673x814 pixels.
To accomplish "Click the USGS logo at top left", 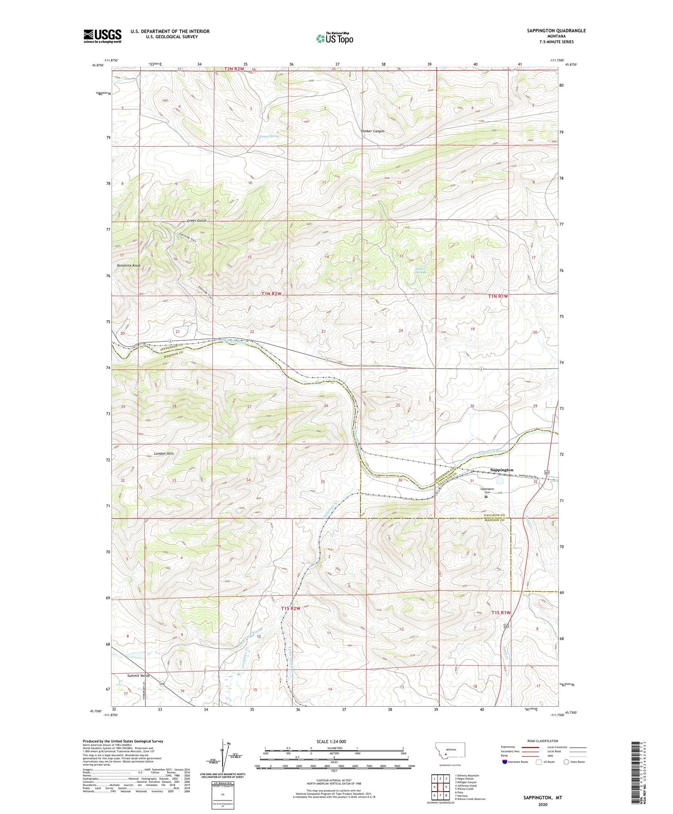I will click(x=102, y=36).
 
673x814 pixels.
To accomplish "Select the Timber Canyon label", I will click(x=373, y=131).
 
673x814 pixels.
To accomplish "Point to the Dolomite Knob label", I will click(x=129, y=266).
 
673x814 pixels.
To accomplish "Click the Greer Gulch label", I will click(x=196, y=221).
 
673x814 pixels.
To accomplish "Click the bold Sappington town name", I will click(x=502, y=470).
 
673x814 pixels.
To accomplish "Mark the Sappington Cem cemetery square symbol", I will click(x=485, y=497).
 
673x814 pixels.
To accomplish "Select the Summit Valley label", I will click(x=138, y=676).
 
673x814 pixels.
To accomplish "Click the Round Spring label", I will click(x=269, y=137).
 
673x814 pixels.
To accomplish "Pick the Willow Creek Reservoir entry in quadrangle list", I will click(x=470, y=799).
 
